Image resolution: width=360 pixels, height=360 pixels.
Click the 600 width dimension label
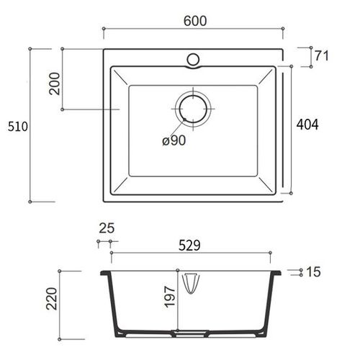(194, 21)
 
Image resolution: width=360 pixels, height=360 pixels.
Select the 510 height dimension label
(17, 127)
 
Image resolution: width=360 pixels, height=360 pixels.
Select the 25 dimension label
(106, 228)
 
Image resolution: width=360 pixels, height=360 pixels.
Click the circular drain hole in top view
(192, 109)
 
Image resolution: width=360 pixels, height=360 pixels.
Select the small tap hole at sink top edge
(194, 58)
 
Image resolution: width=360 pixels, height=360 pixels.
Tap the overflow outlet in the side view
(192, 283)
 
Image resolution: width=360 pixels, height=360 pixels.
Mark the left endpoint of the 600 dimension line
(104, 30)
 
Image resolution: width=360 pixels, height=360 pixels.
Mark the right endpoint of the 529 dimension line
(271, 253)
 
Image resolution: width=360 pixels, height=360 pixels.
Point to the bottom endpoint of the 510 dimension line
(30, 201)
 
